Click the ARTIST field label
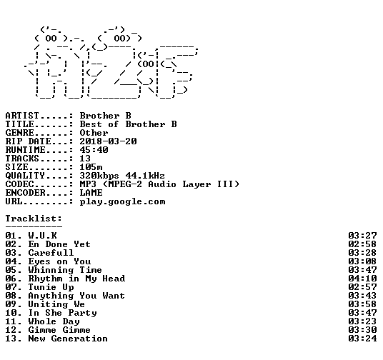(22, 116)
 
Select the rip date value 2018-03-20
(108, 141)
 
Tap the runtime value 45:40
(94, 150)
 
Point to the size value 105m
(91, 167)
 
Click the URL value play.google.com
(122, 201)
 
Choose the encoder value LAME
(91, 193)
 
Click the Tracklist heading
(34, 219)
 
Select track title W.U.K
(42, 236)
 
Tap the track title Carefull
(51, 253)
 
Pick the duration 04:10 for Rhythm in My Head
(362, 279)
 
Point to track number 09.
(11, 304)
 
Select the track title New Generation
(68, 339)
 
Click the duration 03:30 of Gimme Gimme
(362, 330)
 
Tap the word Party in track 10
(82, 313)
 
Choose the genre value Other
(94, 133)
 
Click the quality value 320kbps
(99, 176)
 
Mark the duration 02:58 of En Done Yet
(362, 244)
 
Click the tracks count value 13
(85, 159)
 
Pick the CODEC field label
(19, 184)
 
